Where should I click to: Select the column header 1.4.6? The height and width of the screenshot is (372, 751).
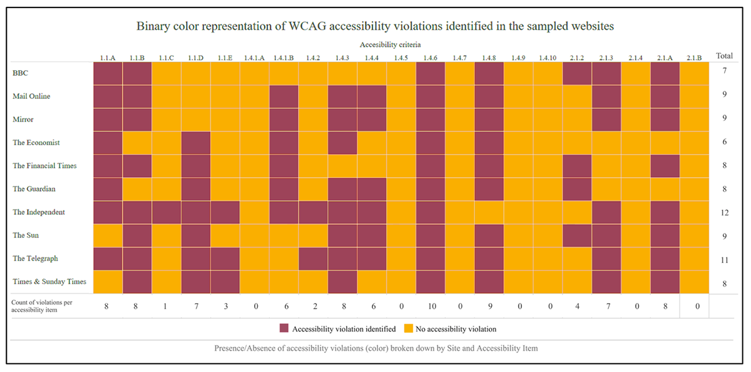click(430, 58)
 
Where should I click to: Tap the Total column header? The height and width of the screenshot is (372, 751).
click(723, 56)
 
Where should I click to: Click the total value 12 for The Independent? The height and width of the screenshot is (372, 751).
click(723, 212)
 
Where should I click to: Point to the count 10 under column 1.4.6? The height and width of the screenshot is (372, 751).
click(430, 307)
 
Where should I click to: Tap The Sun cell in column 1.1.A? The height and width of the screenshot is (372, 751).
click(108, 235)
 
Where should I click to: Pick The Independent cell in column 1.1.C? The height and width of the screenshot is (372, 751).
click(166, 212)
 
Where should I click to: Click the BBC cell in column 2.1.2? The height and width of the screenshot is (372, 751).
click(577, 73)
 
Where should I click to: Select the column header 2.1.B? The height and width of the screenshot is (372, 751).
click(694, 58)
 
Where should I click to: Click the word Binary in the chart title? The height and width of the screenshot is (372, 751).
click(152, 26)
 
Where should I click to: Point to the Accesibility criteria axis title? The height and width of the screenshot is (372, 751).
click(391, 44)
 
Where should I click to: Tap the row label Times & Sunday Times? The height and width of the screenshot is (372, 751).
click(49, 282)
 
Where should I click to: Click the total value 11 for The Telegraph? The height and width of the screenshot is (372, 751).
click(723, 259)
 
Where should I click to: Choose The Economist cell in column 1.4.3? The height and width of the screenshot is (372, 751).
click(342, 142)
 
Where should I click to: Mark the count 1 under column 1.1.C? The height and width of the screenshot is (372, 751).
click(166, 307)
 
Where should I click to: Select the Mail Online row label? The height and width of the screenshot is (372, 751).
click(31, 96)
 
